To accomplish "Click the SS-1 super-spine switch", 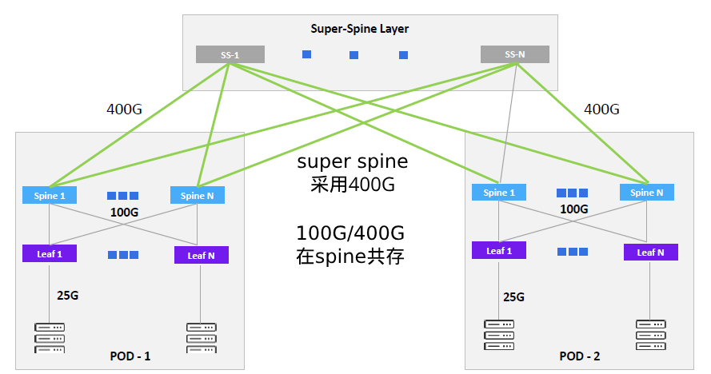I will coord(230,54).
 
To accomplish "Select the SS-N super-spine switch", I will coord(514,54).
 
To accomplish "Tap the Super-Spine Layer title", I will coord(359,30).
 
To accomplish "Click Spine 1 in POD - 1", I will coord(50,195).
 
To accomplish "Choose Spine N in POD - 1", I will coord(198,195).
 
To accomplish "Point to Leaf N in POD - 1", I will coord(201,255).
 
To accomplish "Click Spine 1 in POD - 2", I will coord(499,193).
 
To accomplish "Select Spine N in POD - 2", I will coord(646,193).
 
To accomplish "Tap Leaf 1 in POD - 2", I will coord(499,251).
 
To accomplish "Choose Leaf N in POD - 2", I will coord(651,253).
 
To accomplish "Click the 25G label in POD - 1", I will coord(67,296).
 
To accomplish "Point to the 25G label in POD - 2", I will coord(513,297).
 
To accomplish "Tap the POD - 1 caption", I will coord(130,356).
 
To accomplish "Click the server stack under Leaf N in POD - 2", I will coord(651,335).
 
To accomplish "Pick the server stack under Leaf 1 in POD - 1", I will coord(50,338).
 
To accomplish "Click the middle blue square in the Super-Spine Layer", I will coord(354,55).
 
